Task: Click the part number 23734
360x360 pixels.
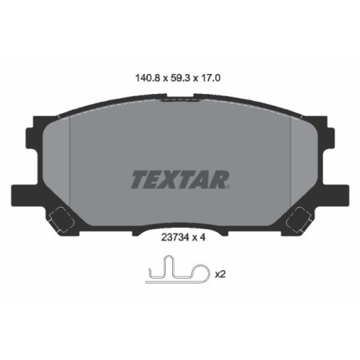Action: coord(166,236)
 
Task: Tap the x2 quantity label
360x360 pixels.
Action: coord(220,275)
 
